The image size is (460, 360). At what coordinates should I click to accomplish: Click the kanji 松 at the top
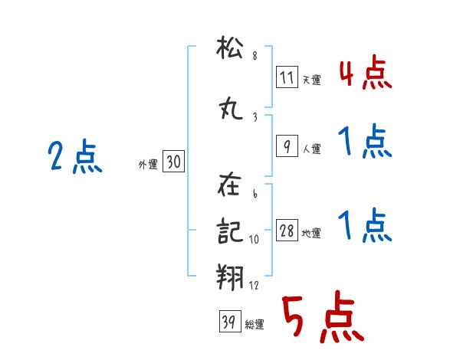coord(230,47)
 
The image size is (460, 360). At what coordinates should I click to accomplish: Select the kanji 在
coord(229,184)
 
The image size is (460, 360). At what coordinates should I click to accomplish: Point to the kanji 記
coord(230,231)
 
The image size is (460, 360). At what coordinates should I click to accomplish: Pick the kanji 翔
coord(230,277)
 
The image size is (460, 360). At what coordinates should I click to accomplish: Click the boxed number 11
coord(287,77)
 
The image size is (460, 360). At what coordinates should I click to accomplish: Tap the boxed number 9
coord(287,146)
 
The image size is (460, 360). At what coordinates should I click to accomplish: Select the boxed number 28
coord(287,230)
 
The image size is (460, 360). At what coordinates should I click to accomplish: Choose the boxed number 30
coord(173,161)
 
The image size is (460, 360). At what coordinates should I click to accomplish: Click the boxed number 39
coord(230,321)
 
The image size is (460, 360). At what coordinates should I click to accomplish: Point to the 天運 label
coord(312,80)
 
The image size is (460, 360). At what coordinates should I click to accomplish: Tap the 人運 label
coord(312,149)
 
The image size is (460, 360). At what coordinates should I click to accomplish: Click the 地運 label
coord(311,233)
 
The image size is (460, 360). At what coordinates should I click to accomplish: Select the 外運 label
coord(148,165)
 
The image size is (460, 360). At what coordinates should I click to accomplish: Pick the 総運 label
coord(255,324)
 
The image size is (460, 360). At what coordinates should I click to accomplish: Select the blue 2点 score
coord(75,155)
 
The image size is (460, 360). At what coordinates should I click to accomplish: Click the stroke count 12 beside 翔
coord(254,285)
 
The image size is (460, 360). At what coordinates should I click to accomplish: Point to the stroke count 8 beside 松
coord(255,55)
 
